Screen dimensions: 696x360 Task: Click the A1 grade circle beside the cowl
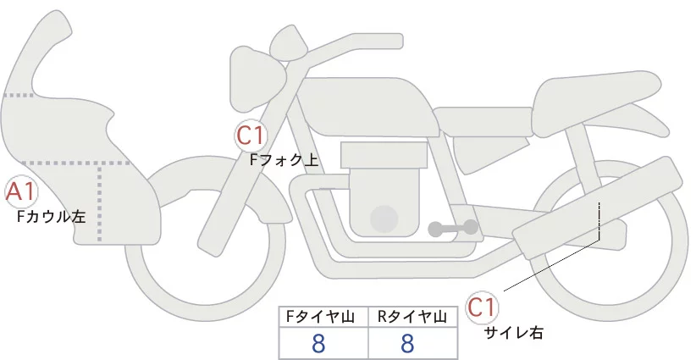[19, 192]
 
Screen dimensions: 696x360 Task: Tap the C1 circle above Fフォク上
[251, 135]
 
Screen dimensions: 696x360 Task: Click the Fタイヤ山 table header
[323, 316]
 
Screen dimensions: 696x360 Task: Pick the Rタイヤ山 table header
[412, 316]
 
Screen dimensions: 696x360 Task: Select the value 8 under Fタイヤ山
[318, 343]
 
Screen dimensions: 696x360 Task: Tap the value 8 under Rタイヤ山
[407, 343]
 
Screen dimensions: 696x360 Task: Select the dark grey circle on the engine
[384, 218]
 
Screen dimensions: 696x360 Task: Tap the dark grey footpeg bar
[454, 228]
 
